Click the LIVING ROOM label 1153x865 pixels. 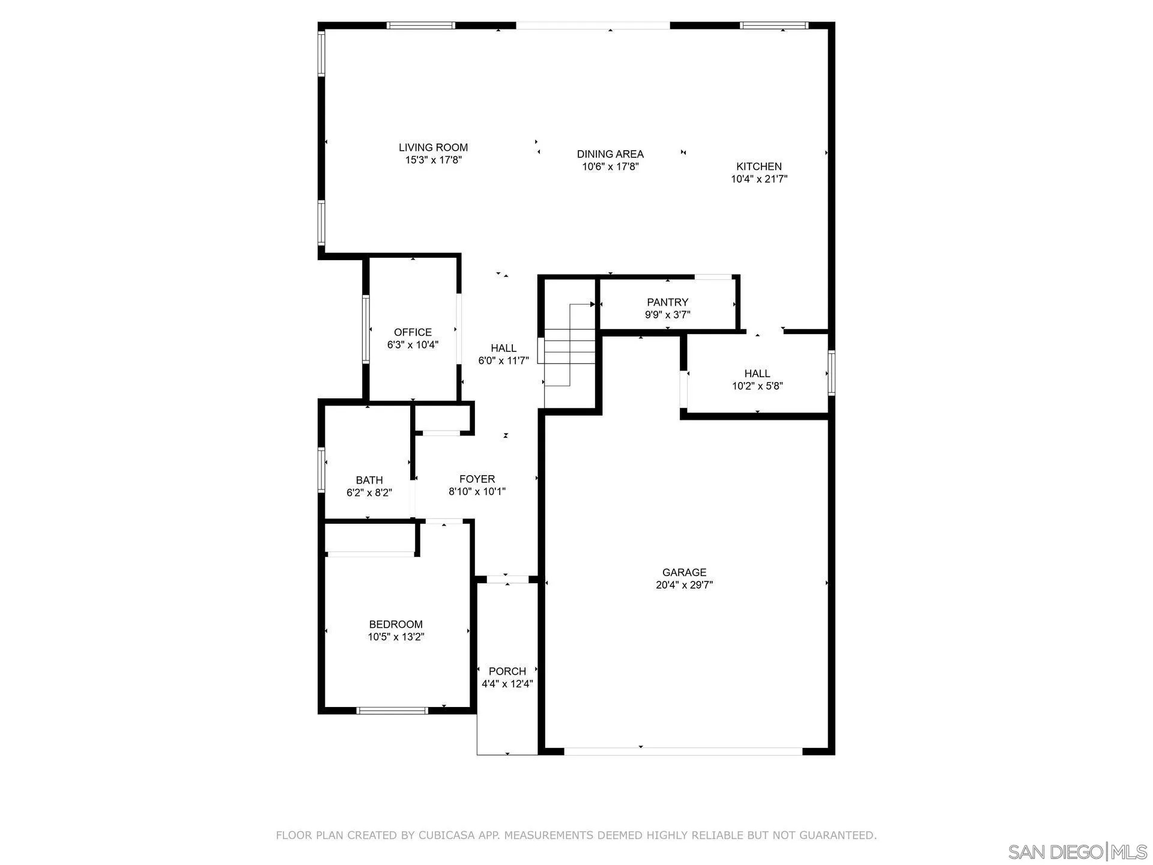(433, 147)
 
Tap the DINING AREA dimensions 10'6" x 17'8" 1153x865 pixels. (610, 167)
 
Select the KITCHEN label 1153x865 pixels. (758, 166)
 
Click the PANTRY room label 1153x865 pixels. (667, 302)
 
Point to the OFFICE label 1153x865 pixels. (413, 332)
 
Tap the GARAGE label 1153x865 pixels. (684, 572)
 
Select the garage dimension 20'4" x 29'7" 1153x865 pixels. (684, 585)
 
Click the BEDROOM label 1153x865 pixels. (396, 624)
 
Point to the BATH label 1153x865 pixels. (369, 480)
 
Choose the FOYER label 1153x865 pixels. (477, 479)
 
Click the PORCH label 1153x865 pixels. (507, 671)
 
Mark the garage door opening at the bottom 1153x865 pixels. (683, 751)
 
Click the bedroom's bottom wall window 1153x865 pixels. (392, 711)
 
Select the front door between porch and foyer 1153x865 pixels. (507, 579)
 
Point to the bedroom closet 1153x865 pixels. (369, 538)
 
